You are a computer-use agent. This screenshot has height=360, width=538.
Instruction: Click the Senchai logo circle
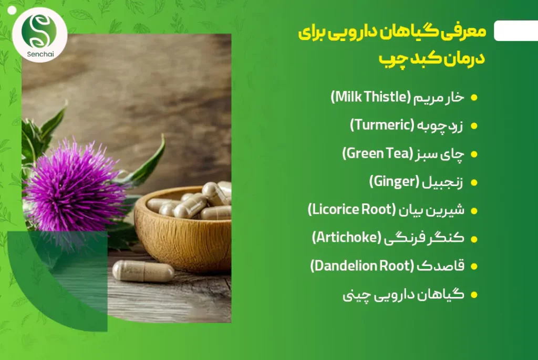40,35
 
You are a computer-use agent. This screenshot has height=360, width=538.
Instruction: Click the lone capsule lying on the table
143,271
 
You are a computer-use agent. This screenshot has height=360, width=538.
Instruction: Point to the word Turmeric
382,125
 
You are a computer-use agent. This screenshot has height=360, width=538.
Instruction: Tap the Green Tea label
377,153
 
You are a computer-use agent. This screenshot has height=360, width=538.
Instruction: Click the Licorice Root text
351,210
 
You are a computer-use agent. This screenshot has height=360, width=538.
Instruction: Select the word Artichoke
347,238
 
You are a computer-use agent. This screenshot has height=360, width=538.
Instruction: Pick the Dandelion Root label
362,266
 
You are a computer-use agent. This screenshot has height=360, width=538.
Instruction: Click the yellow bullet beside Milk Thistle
474,98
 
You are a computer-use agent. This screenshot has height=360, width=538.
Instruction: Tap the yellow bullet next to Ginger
474,182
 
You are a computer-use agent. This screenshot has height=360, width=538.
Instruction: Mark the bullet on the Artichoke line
474,239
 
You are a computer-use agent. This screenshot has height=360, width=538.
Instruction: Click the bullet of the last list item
474,295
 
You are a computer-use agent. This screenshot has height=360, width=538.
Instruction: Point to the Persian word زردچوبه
440,126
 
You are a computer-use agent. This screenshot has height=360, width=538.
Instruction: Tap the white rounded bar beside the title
516,31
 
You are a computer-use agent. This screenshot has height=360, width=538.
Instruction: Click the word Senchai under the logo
40,54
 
